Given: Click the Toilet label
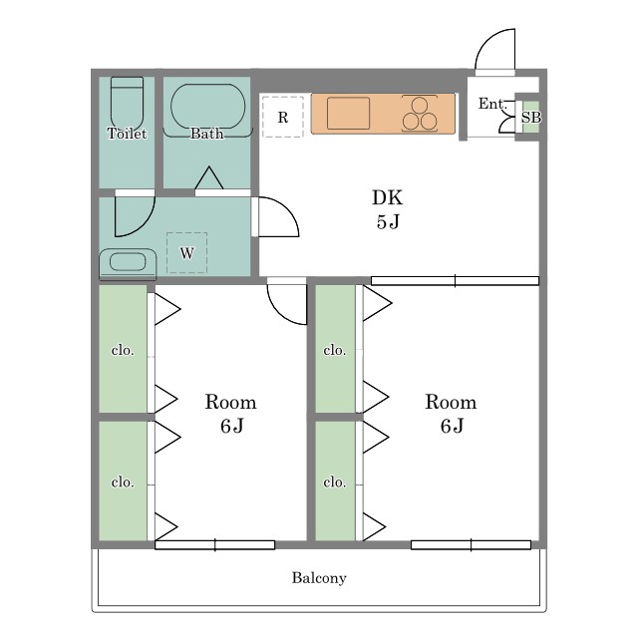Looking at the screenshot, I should point(127,134).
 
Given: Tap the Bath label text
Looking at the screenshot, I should point(207,134).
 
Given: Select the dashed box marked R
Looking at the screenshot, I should point(282,117).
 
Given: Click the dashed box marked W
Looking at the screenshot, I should point(186,253).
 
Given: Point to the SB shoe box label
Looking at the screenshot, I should point(530,118).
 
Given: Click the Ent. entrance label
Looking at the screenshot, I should point(491,104).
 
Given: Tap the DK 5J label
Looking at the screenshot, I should point(388,209).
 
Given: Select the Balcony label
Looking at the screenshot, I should point(319,578).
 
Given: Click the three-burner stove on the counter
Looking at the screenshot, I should point(420,113).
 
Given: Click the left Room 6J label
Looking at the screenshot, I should point(231,414).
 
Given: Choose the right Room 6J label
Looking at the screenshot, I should point(451,414).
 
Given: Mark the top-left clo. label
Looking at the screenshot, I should point(123,350).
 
